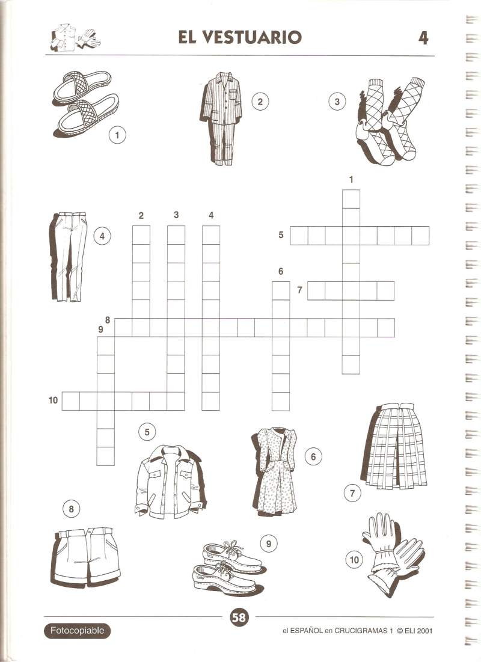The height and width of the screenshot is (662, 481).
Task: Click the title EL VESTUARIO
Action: tap(239, 37)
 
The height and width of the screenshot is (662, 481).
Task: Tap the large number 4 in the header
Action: tap(423, 38)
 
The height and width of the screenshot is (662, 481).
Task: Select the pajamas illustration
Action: tap(221, 118)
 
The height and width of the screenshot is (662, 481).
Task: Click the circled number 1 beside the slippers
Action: tap(117, 135)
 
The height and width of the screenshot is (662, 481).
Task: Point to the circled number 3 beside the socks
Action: tap(337, 102)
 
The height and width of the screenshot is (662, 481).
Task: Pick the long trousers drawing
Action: tap(69, 257)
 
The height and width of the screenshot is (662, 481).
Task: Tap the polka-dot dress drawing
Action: tap(275, 471)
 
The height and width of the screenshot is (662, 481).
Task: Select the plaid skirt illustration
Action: tap(394, 446)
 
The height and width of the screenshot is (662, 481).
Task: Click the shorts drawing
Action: tap(86, 556)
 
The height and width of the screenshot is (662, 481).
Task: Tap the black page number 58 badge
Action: tap(239, 618)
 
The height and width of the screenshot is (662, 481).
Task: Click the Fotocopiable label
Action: tap(77, 631)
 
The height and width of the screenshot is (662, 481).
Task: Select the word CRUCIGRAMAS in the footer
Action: tap(361, 631)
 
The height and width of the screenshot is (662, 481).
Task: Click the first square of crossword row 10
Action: tap(70, 401)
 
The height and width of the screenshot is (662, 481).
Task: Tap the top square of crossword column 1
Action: tap(351, 199)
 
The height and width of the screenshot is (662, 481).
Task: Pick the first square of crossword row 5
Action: tap(299, 236)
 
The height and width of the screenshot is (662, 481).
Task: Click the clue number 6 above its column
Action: tap(281, 271)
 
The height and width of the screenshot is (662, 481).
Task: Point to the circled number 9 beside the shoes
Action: tap(269, 544)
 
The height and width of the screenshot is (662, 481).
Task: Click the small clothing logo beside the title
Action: tap(75, 38)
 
